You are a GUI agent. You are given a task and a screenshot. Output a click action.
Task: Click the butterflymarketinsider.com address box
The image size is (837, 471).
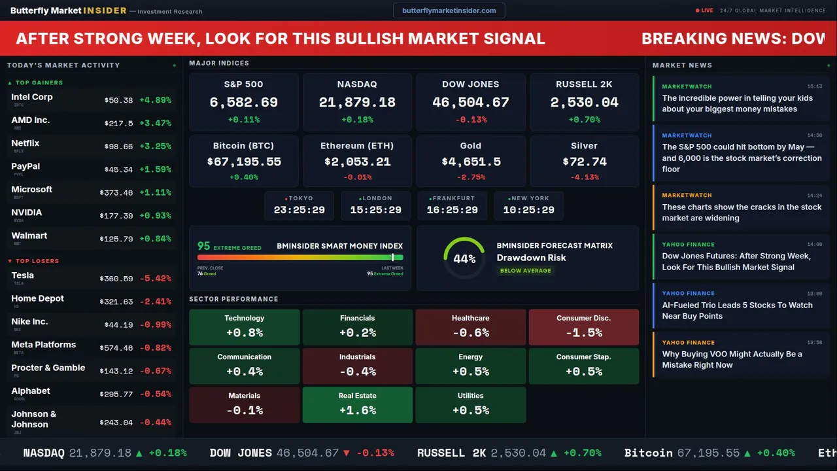449,10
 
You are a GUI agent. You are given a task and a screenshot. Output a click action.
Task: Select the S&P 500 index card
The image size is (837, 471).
243,101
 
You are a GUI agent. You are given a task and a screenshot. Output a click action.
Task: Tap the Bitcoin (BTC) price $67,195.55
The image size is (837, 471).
244,162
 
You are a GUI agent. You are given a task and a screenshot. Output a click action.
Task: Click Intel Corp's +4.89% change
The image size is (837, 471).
155,100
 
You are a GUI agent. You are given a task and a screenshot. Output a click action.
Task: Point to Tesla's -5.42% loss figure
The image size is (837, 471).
155,279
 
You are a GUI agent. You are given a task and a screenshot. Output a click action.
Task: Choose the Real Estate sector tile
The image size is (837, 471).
357,404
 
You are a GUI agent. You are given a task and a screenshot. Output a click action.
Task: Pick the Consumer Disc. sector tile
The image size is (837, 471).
583,327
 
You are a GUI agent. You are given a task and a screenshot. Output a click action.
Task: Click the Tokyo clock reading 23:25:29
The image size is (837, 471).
299,210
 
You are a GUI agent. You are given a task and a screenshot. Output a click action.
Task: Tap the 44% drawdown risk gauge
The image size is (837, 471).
464,258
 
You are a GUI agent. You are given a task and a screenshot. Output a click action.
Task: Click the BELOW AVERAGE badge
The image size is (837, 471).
525,271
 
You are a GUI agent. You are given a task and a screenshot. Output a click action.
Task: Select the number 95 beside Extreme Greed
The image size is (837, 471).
204,246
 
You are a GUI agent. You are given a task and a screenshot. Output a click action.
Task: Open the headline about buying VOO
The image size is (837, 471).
732,359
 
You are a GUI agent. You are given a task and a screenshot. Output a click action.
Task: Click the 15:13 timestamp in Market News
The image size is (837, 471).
814,86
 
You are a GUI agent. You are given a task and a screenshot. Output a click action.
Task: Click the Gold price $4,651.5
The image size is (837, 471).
471,162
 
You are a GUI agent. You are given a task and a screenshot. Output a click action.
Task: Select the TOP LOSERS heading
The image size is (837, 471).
37,261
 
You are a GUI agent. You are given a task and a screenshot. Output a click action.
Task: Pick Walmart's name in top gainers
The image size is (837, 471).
29,235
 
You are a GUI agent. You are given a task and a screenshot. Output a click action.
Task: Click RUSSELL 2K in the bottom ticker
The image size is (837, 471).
451,453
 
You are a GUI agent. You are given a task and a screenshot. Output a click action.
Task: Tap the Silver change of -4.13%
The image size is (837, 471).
584,177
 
